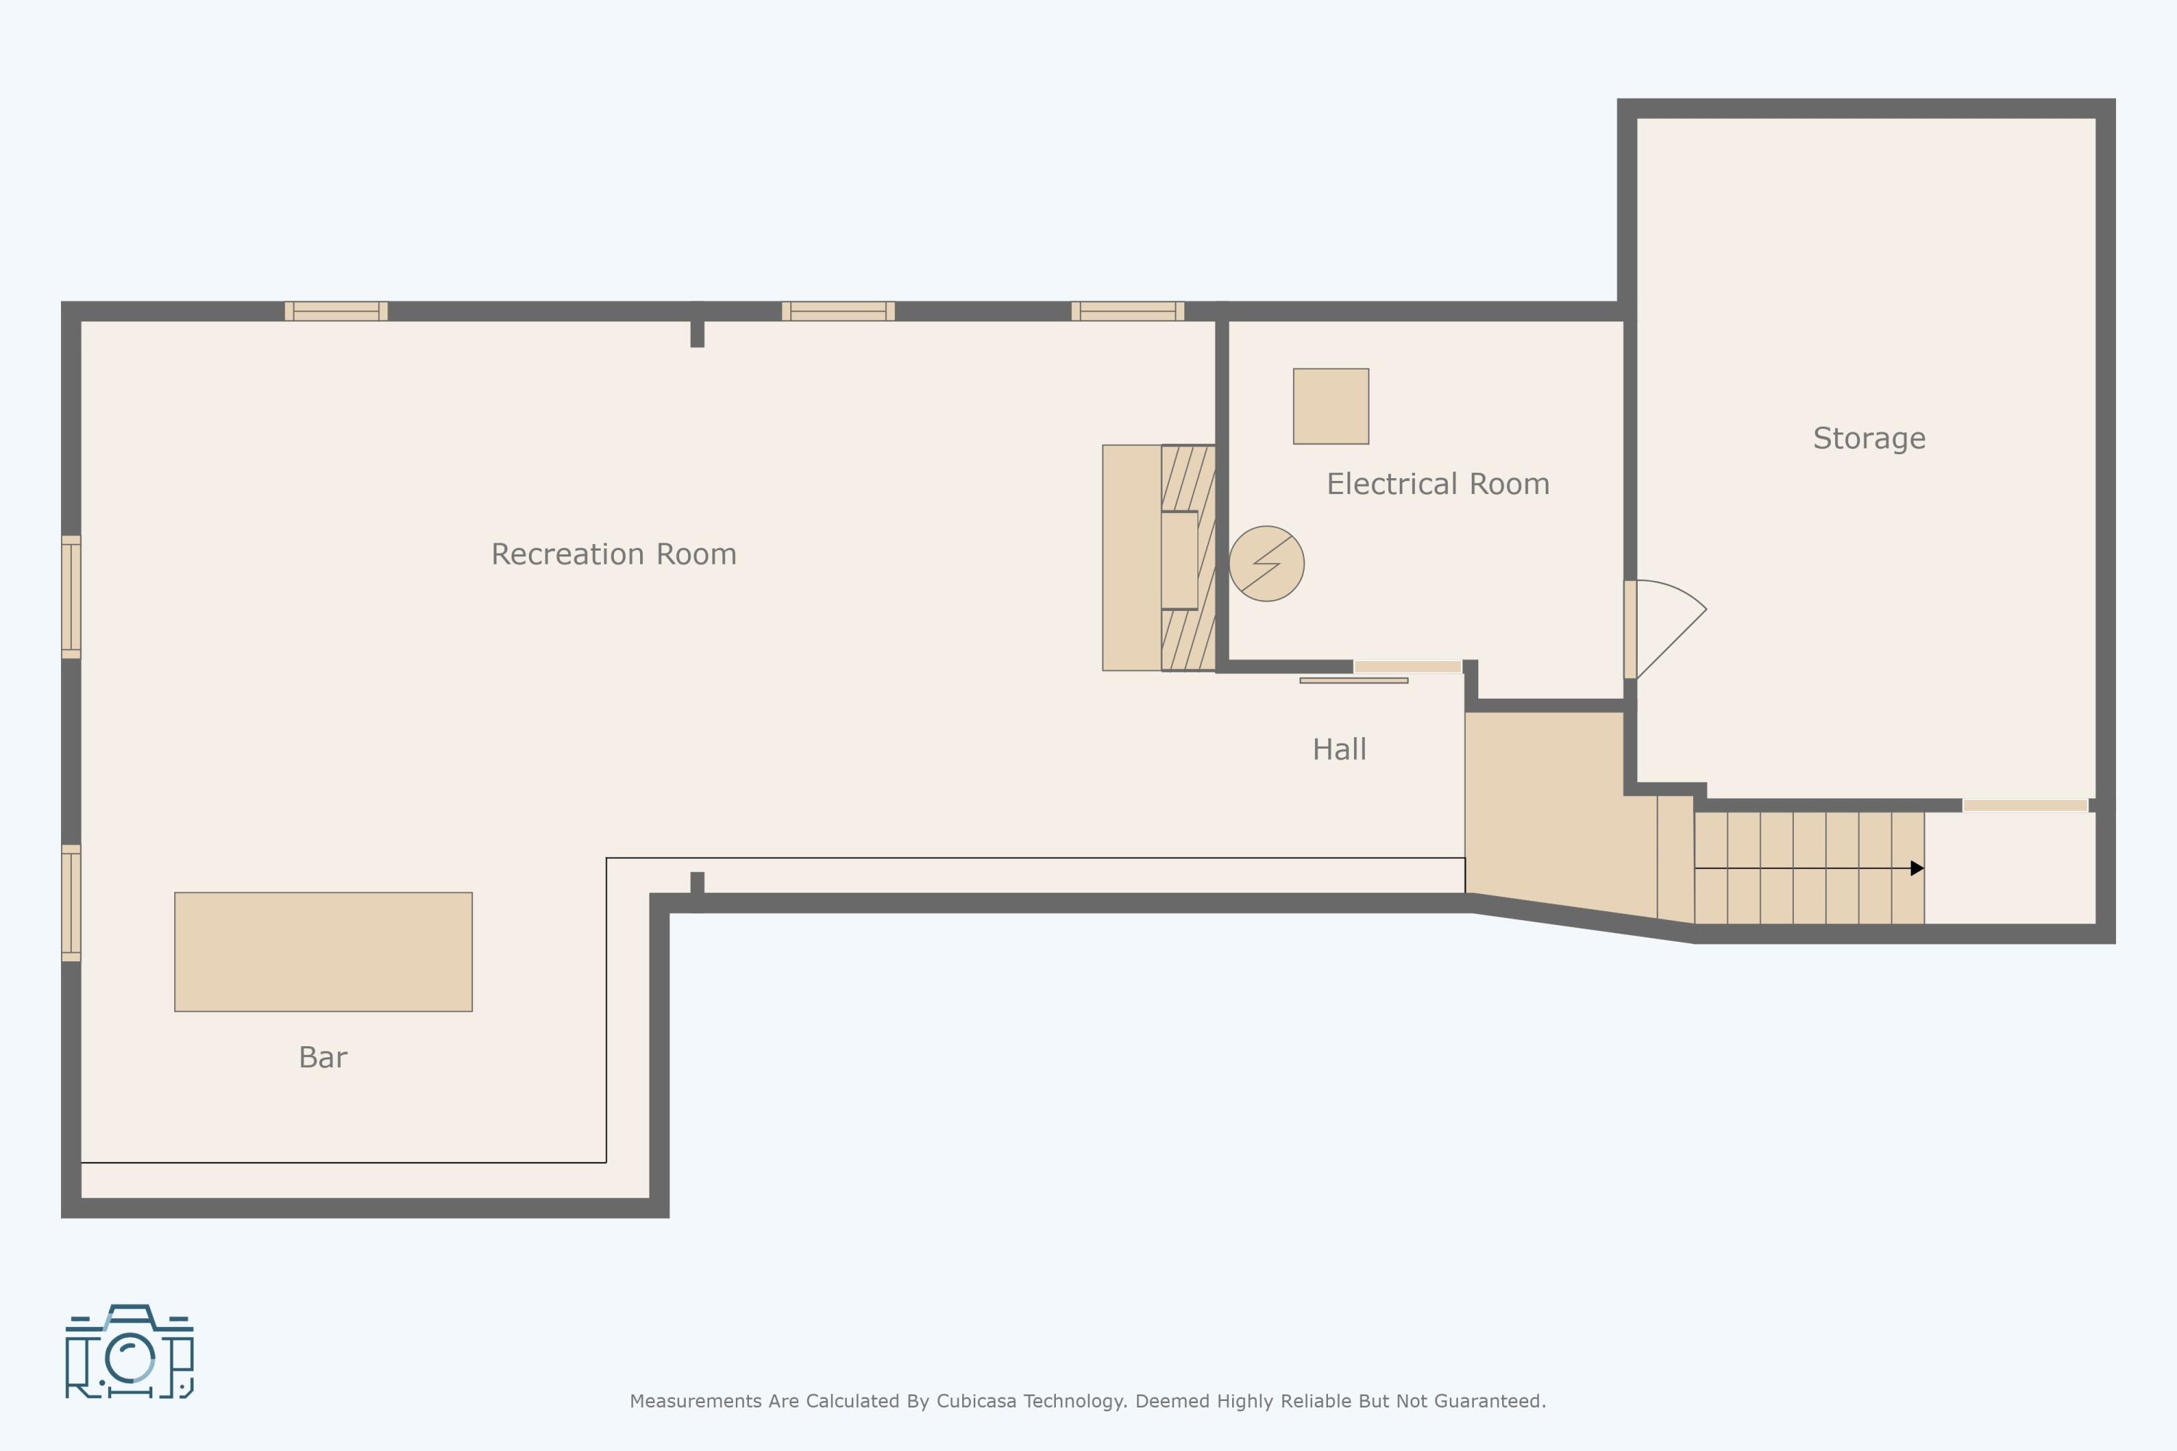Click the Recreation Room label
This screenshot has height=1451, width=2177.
point(614,554)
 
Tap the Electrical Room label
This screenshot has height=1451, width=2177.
point(1438,484)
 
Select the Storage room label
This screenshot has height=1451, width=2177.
point(1869,439)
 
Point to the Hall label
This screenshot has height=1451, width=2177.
point(1340,749)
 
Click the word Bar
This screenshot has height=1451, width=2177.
point(323,1058)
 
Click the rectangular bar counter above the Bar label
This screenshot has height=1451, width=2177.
point(323,952)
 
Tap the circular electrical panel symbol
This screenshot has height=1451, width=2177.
point(1266,564)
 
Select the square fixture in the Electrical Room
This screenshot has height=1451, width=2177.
point(1331,406)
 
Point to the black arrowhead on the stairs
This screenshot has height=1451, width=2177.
point(1917,868)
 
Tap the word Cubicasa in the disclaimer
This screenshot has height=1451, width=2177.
point(973,1401)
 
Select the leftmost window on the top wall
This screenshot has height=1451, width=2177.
point(336,311)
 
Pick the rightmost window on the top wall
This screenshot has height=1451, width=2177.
point(1128,311)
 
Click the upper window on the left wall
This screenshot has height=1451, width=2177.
point(71,597)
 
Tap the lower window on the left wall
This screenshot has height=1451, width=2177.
point(71,903)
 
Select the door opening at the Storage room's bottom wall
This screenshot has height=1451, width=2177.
point(2025,806)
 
